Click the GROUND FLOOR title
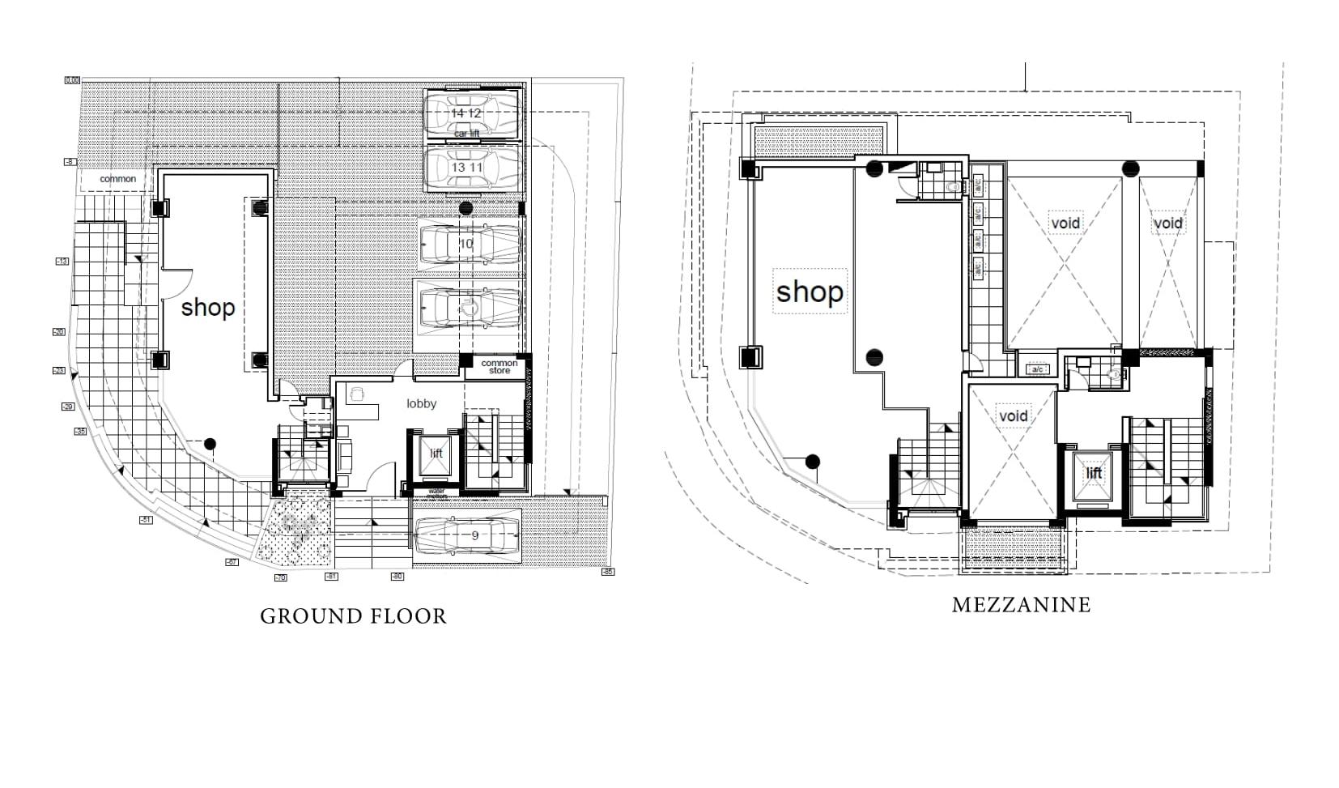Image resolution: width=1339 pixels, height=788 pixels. pos(353,616)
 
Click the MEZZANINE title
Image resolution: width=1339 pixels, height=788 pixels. pos(1021,605)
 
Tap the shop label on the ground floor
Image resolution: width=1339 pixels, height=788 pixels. pos(207,308)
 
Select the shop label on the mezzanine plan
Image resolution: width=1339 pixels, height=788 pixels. pos(809,292)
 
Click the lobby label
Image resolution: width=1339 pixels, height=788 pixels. pos(421,403)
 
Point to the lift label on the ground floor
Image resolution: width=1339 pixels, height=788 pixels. pos(436,454)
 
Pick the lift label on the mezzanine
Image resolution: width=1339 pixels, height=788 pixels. pos(1094,473)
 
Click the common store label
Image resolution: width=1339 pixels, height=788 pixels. pos(499,367)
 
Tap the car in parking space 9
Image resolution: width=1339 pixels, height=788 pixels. pos(466,535)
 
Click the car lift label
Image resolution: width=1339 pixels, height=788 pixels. pos(466,133)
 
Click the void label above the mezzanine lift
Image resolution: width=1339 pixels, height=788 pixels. pos(1013,416)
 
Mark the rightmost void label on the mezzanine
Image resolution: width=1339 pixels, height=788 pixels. pos(1167,223)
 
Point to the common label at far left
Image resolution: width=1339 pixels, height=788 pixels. pos(117,179)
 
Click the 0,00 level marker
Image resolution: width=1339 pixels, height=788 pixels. pos(72,80)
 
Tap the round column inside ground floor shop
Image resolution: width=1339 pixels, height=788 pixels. pos(210,443)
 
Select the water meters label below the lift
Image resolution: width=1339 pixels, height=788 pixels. pos(436,492)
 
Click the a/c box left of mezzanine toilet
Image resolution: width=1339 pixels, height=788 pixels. pos(1037,369)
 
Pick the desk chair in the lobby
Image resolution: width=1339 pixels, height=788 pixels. pos(355,394)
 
